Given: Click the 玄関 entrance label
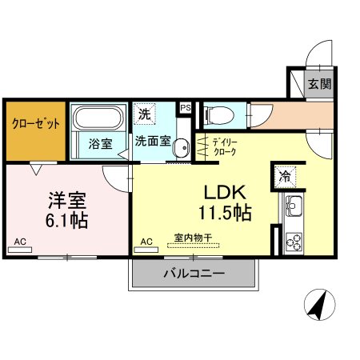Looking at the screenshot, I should [320, 83].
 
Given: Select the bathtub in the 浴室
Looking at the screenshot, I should [97, 120].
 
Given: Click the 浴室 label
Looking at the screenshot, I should [100, 144].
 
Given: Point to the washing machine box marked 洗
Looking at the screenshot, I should [144, 114].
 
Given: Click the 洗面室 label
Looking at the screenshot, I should [151, 142].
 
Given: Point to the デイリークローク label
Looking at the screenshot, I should [226, 147].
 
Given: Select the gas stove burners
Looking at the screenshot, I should [292, 238].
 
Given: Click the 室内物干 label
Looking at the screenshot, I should [192, 238].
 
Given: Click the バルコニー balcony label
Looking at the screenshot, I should [194, 274].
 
